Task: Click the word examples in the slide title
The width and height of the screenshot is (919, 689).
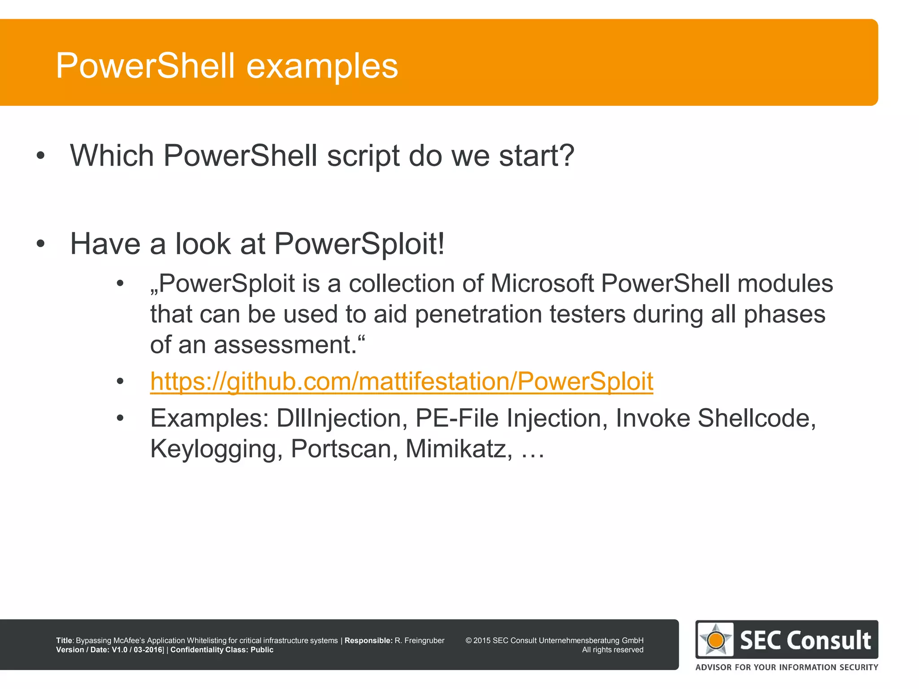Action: pyautogui.click(x=322, y=66)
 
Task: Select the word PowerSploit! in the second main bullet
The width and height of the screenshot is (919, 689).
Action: pyautogui.click(x=359, y=244)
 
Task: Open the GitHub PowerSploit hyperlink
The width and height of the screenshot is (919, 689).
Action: pyautogui.click(x=401, y=381)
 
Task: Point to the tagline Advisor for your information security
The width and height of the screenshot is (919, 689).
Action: pyautogui.click(x=786, y=667)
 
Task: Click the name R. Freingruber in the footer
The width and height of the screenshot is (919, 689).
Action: pyautogui.click(x=419, y=641)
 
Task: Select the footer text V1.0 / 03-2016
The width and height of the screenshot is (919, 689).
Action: pyautogui.click(x=137, y=650)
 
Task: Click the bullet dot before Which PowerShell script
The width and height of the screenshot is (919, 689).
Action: pyautogui.click(x=40, y=156)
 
